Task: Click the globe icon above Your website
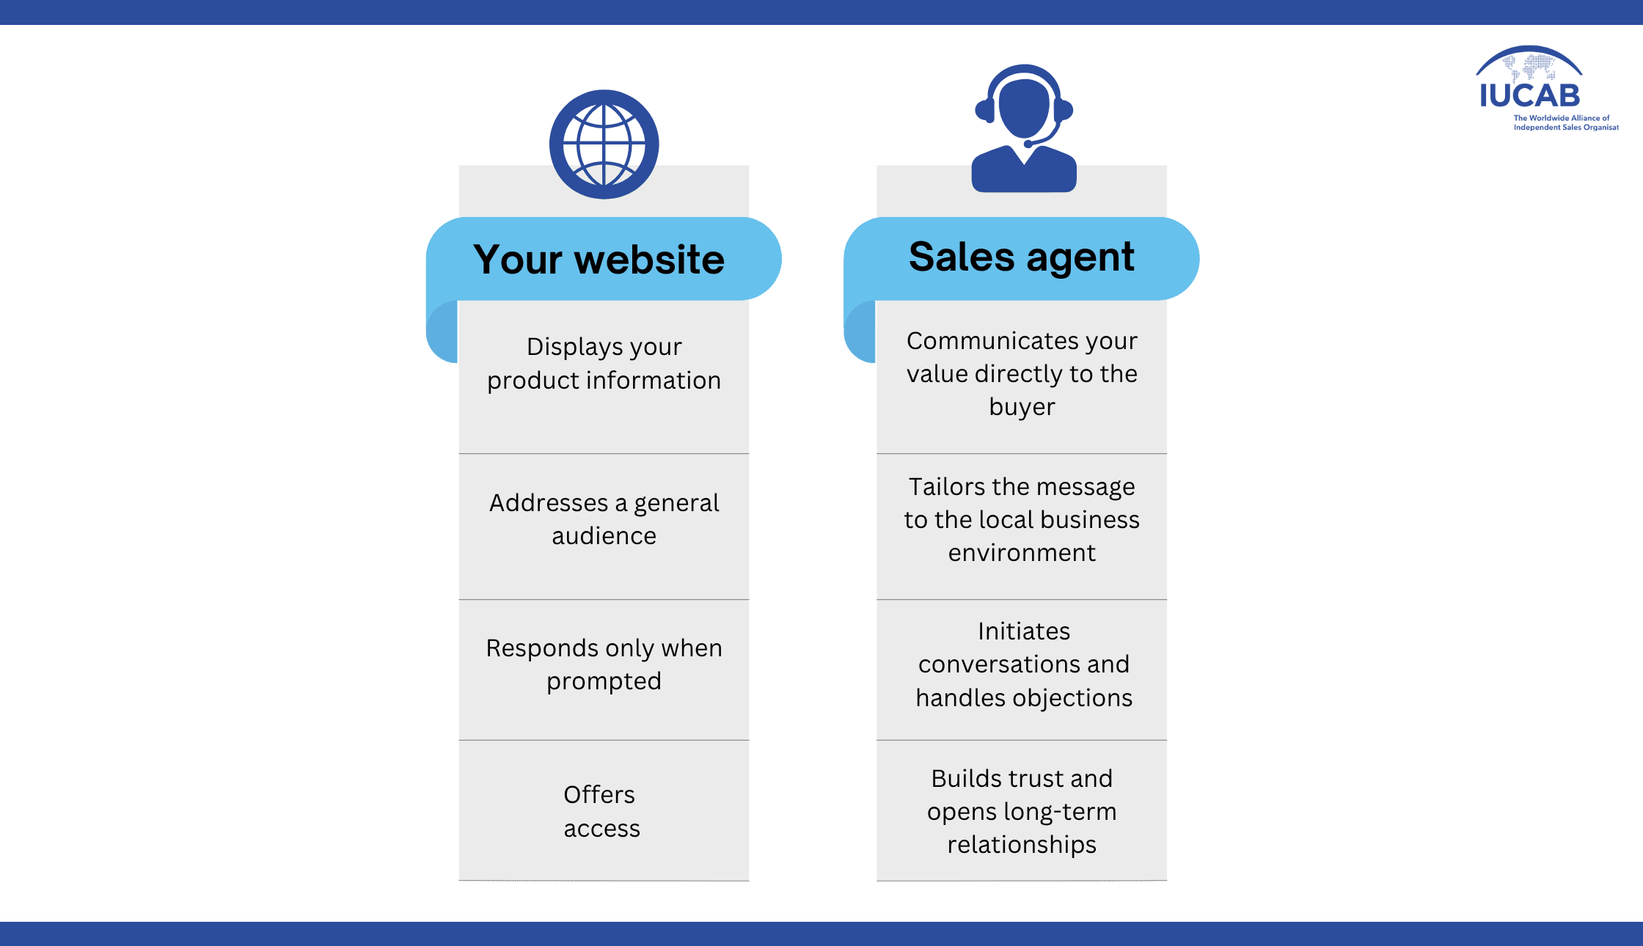(x=604, y=144)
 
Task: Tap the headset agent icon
(x=1024, y=128)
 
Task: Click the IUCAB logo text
(x=1529, y=95)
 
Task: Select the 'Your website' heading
(x=599, y=260)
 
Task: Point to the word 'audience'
(x=604, y=536)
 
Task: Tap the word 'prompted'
(x=604, y=682)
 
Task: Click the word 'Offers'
(x=599, y=795)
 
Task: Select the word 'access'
(x=601, y=829)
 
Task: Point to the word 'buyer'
(x=1022, y=408)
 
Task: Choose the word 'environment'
(x=1022, y=553)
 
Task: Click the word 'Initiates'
(x=1024, y=631)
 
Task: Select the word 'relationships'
(x=1022, y=846)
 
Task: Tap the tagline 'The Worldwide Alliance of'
(x=1562, y=118)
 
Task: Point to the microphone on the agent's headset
(x=1029, y=144)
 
